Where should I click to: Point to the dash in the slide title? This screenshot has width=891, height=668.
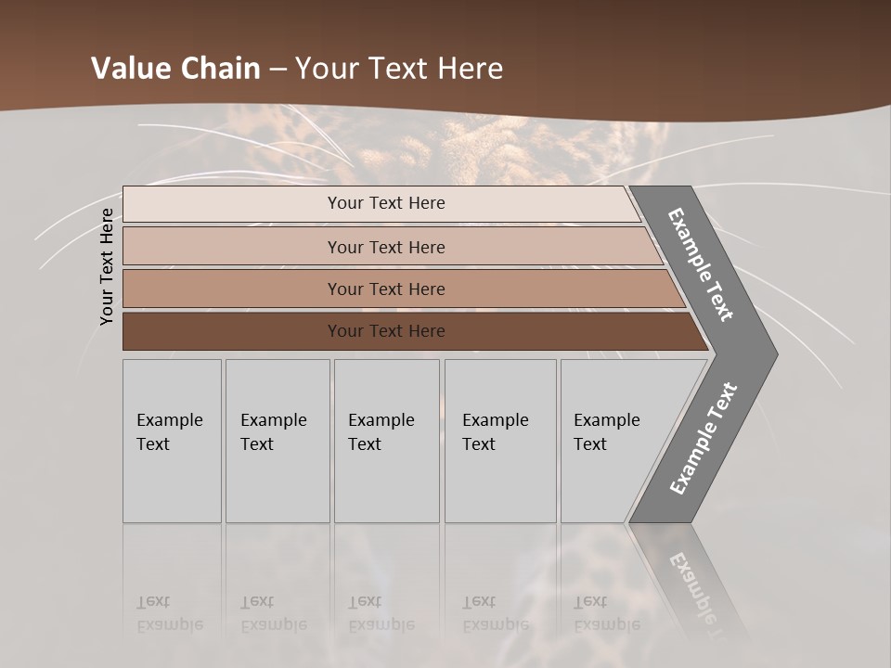[278, 70]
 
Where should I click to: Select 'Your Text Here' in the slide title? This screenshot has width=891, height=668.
[399, 69]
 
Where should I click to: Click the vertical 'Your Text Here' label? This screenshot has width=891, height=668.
[107, 266]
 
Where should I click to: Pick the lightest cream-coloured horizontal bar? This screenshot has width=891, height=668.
[381, 203]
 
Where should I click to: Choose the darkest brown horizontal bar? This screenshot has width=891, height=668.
[408, 331]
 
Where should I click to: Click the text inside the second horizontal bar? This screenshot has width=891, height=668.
[386, 248]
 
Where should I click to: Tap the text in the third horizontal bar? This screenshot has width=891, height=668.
[386, 289]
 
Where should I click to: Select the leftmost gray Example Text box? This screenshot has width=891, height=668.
[172, 441]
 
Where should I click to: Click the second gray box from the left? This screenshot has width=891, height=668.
[278, 441]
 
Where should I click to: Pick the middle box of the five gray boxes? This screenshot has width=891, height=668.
[386, 441]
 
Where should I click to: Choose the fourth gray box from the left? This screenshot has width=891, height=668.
[500, 441]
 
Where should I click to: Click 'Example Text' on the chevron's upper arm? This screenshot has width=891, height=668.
[701, 264]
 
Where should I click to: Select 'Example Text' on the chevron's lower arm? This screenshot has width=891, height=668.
[703, 439]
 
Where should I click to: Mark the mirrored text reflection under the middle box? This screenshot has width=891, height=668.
[381, 613]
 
